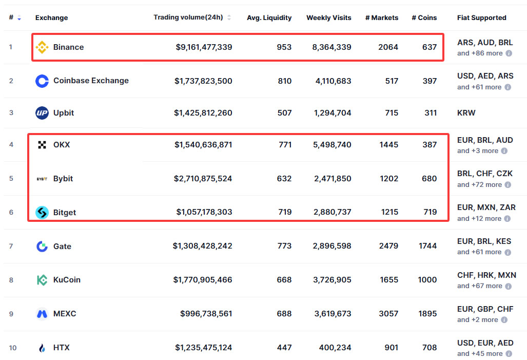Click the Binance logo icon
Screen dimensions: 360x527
42,47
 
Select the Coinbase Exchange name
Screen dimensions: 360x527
91,81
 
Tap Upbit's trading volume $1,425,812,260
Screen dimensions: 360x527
203,113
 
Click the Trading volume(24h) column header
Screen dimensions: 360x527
188,17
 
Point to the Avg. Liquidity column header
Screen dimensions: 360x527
269,17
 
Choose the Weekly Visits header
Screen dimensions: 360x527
328,17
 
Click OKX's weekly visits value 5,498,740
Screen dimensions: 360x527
331,145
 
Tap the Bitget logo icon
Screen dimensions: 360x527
42,212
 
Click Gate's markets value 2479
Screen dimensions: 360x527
388,246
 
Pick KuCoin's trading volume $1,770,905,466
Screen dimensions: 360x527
203,280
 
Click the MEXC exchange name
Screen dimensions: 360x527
65,314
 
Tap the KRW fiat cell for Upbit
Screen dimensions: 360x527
466,113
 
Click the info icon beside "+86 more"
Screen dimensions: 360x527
509,53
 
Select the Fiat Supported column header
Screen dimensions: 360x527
481,17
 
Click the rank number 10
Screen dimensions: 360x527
12,348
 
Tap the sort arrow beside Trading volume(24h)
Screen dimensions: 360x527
229,17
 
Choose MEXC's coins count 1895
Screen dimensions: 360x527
427,314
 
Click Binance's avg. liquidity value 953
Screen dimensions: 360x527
284,47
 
